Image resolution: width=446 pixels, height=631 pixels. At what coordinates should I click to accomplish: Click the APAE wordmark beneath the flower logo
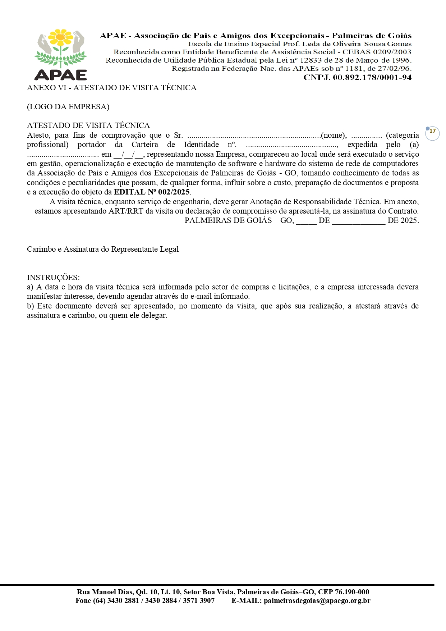click(x=60, y=74)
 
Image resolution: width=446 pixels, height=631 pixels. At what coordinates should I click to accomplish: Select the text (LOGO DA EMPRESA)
click(x=68, y=107)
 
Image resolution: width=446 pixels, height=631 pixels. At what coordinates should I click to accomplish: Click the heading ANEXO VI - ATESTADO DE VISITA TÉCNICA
click(x=111, y=88)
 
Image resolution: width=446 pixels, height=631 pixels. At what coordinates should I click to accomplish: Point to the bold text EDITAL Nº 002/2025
click(x=152, y=192)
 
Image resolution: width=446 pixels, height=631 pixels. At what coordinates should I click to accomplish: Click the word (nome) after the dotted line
click(x=333, y=136)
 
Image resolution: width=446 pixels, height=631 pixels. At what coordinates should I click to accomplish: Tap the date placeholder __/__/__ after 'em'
click(x=128, y=155)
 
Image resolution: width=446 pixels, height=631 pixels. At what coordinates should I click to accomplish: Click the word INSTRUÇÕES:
click(x=53, y=278)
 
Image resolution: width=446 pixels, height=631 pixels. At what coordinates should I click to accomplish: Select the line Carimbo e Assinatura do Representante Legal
click(x=102, y=249)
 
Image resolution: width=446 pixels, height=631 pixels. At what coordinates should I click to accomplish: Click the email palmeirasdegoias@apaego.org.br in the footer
click(x=317, y=600)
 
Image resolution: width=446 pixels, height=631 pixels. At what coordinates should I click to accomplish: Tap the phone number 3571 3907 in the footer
click(x=199, y=600)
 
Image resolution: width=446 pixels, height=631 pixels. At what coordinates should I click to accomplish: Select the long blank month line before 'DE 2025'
click(x=358, y=221)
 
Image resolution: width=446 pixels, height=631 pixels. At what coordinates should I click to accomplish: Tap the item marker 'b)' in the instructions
click(x=30, y=306)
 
